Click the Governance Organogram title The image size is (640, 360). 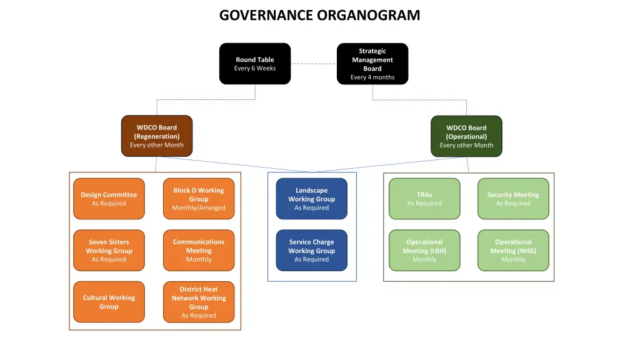[319, 15]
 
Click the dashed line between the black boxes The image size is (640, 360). [314, 64]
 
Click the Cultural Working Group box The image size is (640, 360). [109, 302]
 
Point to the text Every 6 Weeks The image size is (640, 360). [255, 69]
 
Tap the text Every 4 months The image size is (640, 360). [372, 77]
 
